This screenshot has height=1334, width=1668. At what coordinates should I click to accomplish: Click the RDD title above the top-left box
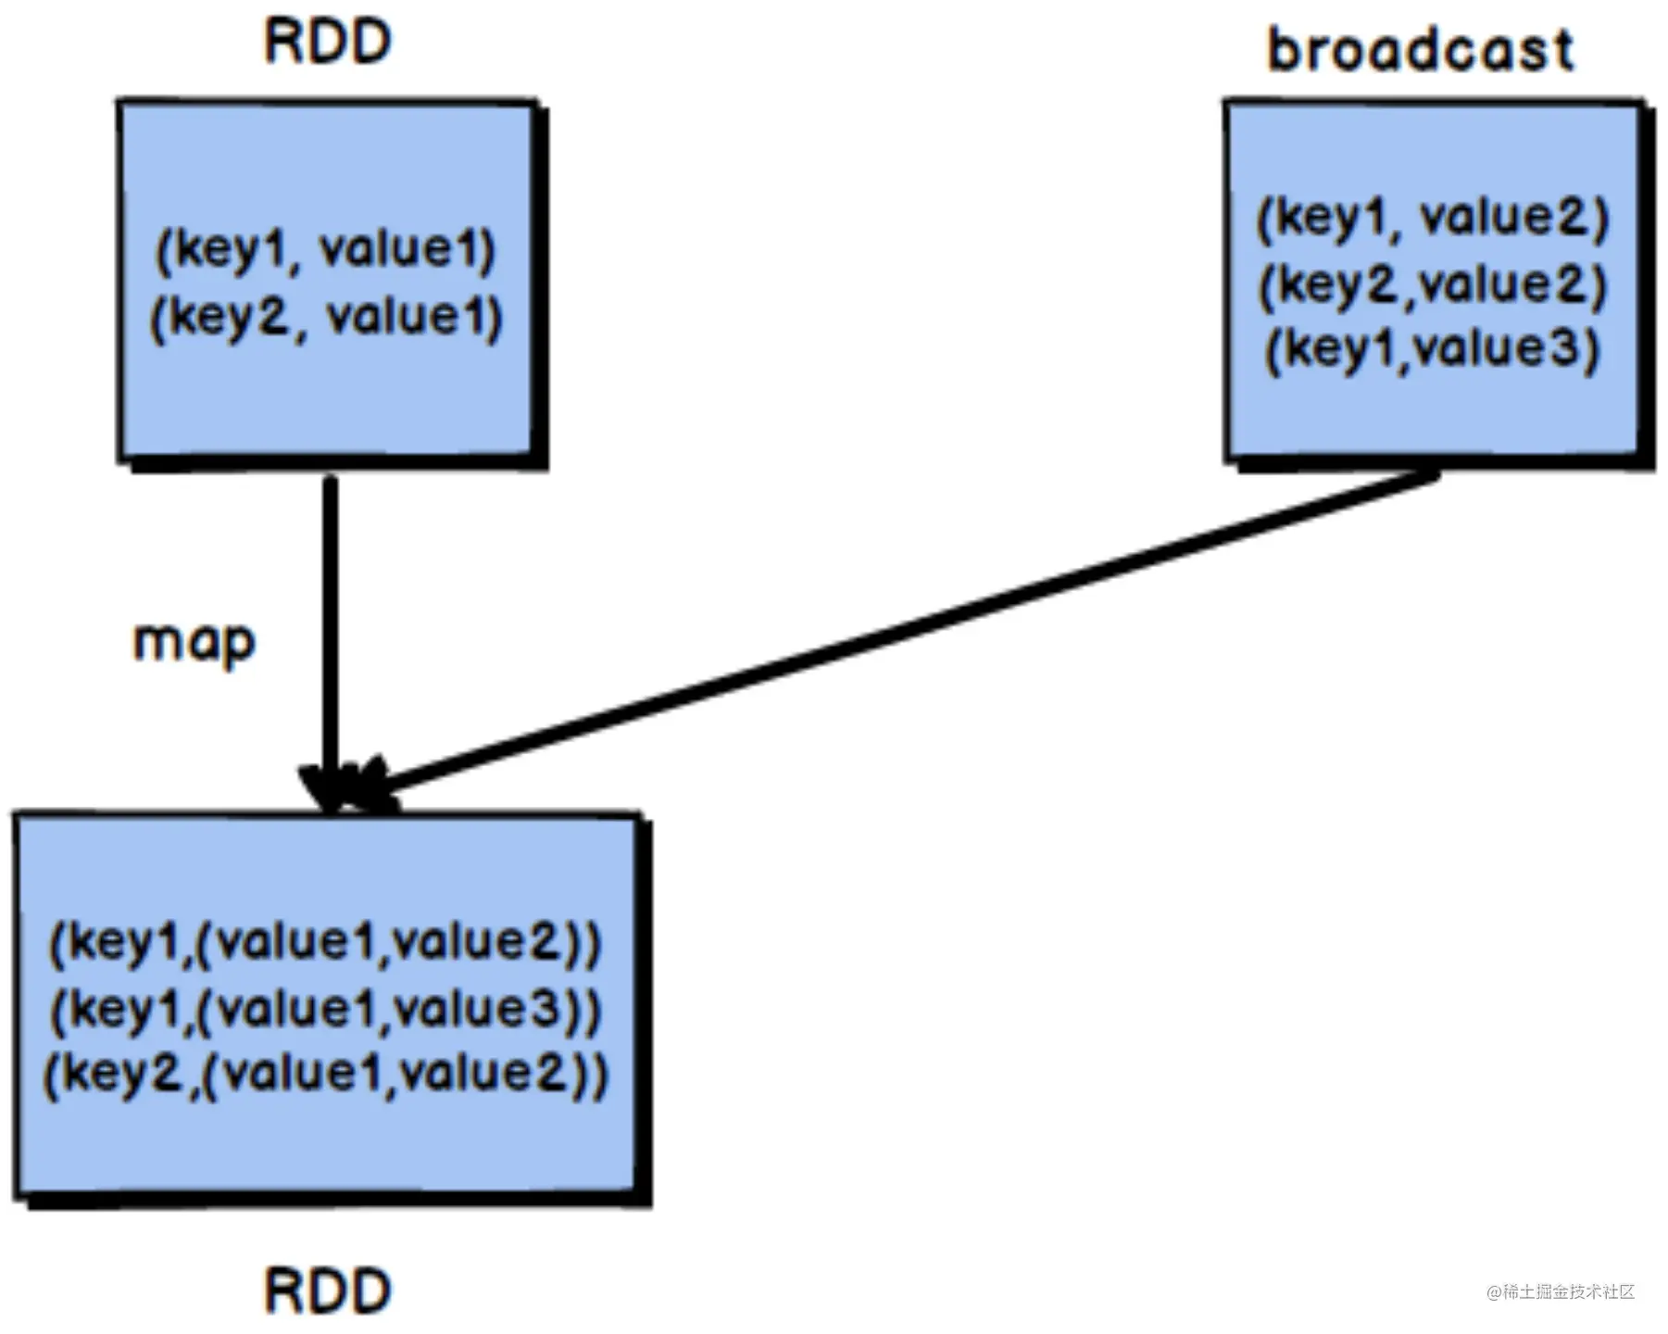[x=328, y=42]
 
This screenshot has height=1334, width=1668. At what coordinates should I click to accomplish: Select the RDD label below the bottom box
[x=328, y=1290]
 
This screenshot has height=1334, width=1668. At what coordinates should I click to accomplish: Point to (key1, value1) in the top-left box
[x=327, y=251]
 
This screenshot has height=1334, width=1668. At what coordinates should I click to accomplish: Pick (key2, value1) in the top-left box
[x=327, y=318]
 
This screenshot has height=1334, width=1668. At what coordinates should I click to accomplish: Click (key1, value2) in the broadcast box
[x=1433, y=220]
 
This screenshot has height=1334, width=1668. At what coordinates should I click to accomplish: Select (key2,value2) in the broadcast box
[x=1433, y=284]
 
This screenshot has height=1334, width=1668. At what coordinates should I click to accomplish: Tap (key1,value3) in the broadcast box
[x=1433, y=349]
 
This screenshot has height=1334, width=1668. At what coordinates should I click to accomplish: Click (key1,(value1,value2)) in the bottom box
[x=326, y=943]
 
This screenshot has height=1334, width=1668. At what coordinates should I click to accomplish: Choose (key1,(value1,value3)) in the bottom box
[x=326, y=1009]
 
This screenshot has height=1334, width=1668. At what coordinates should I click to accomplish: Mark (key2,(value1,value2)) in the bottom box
[x=326, y=1075]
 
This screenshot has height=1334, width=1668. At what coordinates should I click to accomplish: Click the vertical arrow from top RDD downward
[x=331, y=644]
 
